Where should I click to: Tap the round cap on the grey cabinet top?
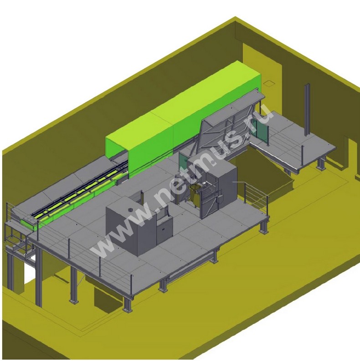(130, 210)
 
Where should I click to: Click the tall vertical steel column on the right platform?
(307, 111)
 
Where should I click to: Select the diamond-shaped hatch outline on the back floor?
(270, 83)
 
